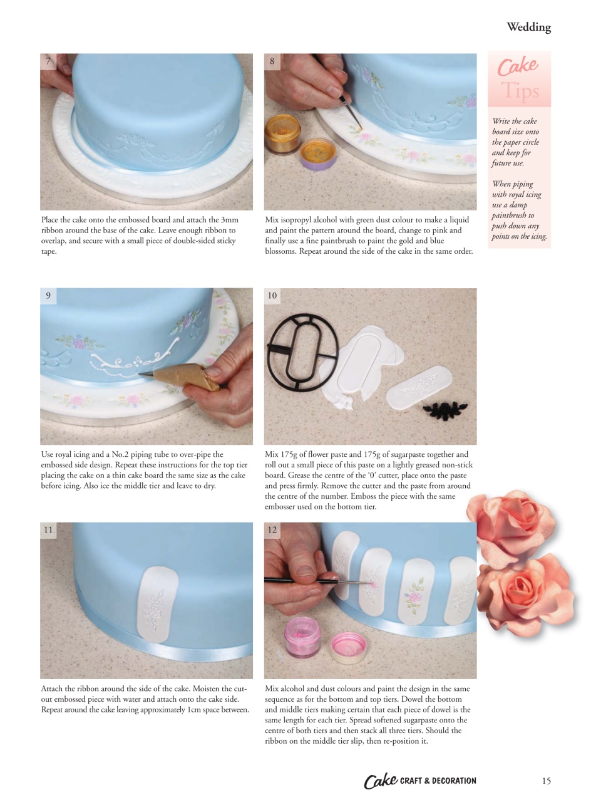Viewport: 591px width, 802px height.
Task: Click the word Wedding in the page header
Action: click(x=528, y=27)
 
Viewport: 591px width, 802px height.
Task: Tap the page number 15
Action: click(x=546, y=781)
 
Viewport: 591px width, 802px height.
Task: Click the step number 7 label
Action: click(x=48, y=61)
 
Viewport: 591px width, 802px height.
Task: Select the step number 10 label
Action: click(x=272, y=296)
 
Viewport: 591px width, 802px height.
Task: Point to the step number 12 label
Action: click(x=272, y=530)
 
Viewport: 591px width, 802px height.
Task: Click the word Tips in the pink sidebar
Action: click(x=520, y=91)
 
